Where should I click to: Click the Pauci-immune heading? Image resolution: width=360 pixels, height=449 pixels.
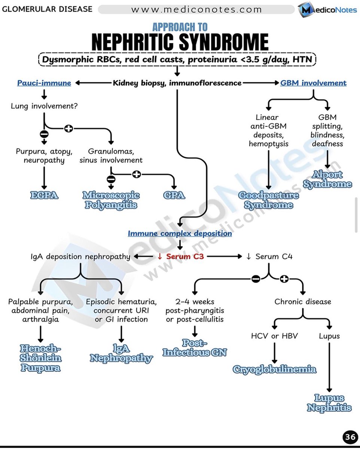click(x=44, y=83)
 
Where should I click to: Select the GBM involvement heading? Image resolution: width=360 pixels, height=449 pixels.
click(x=313, y=83)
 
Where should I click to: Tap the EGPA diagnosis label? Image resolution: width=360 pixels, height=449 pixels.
click(x=45, y=195)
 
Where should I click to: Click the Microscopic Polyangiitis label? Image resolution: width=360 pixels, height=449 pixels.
click(x=111, y=200)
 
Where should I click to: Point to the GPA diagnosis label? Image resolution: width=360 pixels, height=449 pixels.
click(x=174, y=195)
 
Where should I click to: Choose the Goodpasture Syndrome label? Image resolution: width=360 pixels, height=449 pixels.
click(x=269, y=200)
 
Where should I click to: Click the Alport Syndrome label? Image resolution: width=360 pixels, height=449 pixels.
click(x=327, y=179)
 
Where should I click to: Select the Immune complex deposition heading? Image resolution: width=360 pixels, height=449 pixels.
click(x=180, y=233)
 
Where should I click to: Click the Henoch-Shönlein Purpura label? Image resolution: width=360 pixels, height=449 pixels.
click(x=40, y=358)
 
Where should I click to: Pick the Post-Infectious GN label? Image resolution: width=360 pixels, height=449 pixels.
click(x=195, y=348)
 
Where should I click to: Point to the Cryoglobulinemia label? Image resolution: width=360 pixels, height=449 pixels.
click(x=275, y=370)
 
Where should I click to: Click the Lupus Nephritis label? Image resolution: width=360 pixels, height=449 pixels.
click(x=329, y=403)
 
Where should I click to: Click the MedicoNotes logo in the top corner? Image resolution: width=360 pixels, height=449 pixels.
click(x=328, y=10)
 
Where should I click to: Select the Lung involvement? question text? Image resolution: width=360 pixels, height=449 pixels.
click(x=44, y=106)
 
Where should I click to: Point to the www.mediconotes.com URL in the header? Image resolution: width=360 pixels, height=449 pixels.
click(x=196, y=9)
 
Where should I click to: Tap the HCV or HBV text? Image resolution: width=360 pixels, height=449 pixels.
click(x=274, y=336)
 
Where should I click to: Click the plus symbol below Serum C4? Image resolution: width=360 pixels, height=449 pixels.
click(x=284, y=279)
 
